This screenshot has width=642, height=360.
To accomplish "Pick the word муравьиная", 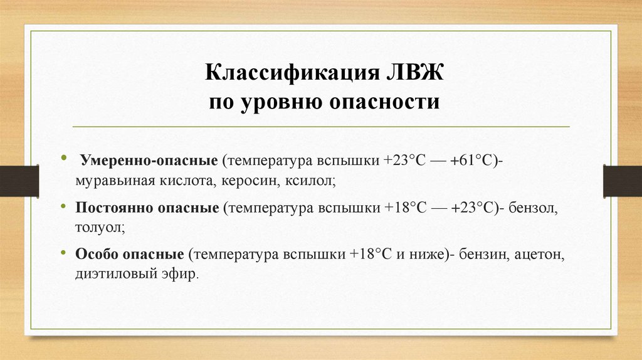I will click(110, 182).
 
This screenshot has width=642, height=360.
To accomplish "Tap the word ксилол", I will click(312, 182).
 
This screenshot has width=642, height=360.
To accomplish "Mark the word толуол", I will click(100, 229).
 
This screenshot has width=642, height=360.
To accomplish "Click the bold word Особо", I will click(96, 255).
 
